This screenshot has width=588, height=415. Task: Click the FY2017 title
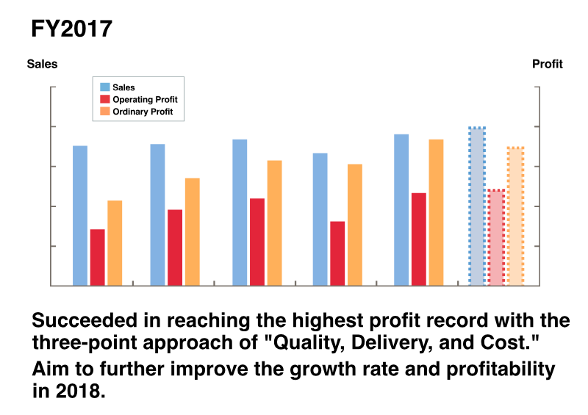click(71, 29)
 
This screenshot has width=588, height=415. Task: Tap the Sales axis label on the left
click(42, 65)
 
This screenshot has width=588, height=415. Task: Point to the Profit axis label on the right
click(547, 65)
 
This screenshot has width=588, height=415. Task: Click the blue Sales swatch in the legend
click(104, 87)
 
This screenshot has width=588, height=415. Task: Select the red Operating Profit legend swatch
click(104, 99)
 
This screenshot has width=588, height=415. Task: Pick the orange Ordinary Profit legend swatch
click(104, 112)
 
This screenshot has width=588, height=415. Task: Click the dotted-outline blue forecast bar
click(477, 206)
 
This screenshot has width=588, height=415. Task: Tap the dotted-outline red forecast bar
click(496, 237)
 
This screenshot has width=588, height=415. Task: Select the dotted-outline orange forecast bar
click(515, 216)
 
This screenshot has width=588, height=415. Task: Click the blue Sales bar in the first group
click(80, 215)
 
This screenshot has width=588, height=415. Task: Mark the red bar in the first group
click(98, 257)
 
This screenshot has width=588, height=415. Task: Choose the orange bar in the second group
click(193, 231)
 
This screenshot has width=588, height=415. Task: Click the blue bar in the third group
click(240, 212)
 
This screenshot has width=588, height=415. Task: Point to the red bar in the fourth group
click(337, 253)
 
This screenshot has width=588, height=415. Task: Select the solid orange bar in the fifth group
click(437, 212)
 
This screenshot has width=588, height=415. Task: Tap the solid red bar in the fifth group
click(419, 239)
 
